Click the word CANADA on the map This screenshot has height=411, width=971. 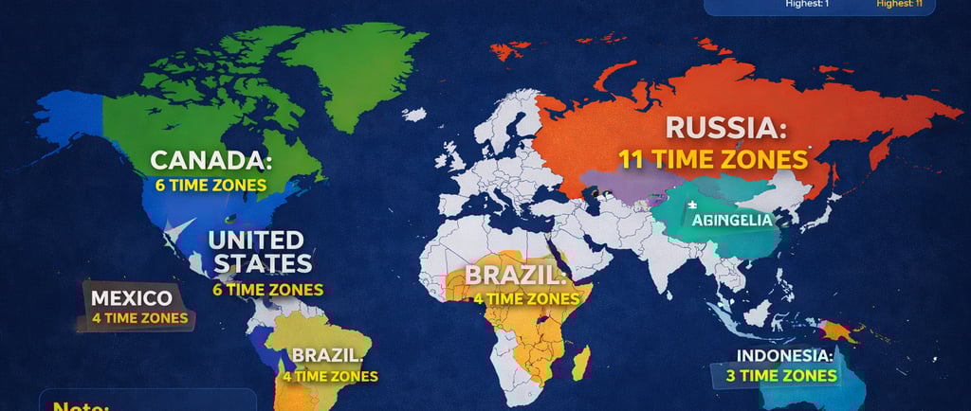click(x=211, y=160)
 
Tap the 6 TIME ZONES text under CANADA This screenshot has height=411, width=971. click(x=211, y=186)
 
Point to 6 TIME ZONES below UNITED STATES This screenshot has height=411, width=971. click(x=268, y=290)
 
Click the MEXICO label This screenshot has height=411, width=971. click(x=132, y=298)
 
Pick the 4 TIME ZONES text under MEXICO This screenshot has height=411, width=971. click(x=140, y=318)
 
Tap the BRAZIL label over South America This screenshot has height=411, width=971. click(x=327, y=356)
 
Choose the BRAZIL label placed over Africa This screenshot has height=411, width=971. click(x=515, y=276)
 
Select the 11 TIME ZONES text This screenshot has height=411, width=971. click(x=713, y=158)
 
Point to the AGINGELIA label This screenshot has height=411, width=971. click(x=733, y=220)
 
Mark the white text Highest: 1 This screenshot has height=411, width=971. click(x=808, y=4)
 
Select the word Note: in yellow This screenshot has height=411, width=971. click(x=82, y=405)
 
